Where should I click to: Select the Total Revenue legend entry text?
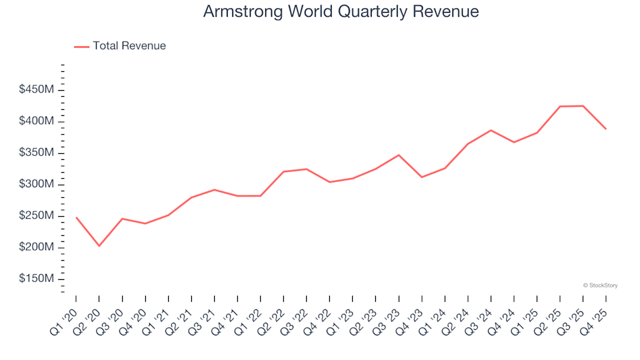129,46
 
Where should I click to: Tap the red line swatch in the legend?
81,47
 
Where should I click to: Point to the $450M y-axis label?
37,90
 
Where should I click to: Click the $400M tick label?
37,121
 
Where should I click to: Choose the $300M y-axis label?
37,184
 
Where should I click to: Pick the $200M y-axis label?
37,247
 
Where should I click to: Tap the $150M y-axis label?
37,279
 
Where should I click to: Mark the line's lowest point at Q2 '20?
99,246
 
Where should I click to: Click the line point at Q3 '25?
583,106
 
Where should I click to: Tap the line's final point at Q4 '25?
606,129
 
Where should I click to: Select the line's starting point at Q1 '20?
76,217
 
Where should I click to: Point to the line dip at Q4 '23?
421,177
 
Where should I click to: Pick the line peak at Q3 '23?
399,155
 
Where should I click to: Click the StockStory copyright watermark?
600,285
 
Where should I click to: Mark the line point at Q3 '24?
491,130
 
